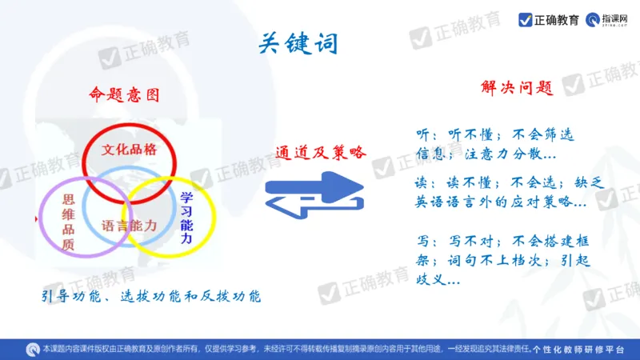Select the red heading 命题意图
(x=124, y=94)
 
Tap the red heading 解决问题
(x=517, y=88)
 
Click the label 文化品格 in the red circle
(x=129, y=150)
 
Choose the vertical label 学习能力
(x=186, y=218)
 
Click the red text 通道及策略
(x=320, y=151)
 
